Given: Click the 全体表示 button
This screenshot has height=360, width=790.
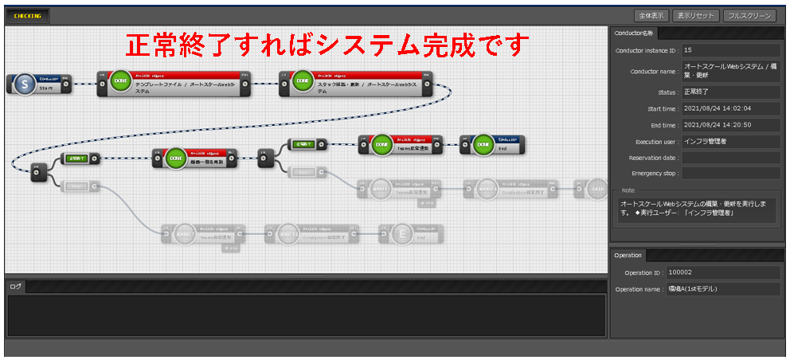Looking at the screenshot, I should [x=651, y=15].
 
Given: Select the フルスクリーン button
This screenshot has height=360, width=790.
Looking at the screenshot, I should [x=749, y=15].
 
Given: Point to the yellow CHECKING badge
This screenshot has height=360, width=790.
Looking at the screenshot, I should [x=28, y=15].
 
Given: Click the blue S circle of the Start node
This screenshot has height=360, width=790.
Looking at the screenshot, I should [x=25, y=84].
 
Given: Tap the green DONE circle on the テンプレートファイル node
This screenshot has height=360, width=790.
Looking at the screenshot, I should [x=120, y=84].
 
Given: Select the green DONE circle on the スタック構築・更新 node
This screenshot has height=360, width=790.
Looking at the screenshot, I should [x=303, y=83].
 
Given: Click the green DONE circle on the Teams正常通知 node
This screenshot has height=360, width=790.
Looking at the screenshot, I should [x=381, y=146].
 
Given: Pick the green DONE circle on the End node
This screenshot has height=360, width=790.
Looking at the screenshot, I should [x=483, y=145].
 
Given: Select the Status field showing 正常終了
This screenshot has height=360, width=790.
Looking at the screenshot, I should [x=730, y=92].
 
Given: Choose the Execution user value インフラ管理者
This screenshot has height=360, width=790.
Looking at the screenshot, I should [x=730, y=141].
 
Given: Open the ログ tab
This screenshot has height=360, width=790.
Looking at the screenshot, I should [x=15, y=286].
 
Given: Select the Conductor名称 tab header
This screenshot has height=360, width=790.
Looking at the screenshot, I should [x=634, y=33].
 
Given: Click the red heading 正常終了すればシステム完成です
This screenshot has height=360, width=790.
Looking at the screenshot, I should [x=327, y=45].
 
